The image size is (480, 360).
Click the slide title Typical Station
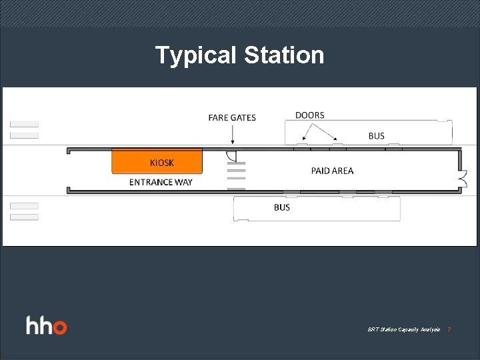239,55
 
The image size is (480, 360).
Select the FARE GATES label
232,118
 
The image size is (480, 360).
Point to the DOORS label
310,115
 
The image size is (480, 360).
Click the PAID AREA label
332,171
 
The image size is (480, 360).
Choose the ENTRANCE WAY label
161,182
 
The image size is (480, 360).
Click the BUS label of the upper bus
377,136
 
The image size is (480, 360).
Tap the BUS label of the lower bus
282,207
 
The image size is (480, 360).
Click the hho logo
47,327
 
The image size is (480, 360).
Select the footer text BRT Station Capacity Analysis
404,329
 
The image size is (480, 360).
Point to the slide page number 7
449,329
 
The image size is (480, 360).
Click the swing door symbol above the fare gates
231,156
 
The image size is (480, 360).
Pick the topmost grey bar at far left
24,124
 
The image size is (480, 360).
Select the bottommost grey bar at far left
24,217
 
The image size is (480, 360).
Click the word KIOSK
162,163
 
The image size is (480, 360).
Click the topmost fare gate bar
236,163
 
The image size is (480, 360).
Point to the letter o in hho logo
60,327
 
